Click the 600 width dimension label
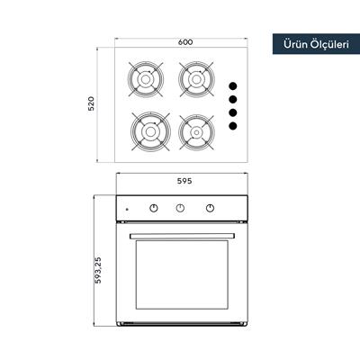(x=185, y=42)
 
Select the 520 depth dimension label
(x=91, y=103)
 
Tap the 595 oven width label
(x=184, y=181)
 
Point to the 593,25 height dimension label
(x=98, y=270)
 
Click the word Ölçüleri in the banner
(x=329, y=44)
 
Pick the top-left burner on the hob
(x=146, y=79)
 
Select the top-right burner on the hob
(x=196, y=79)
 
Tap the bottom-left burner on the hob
(x=150, y=131)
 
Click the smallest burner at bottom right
(x=196, y=132)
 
